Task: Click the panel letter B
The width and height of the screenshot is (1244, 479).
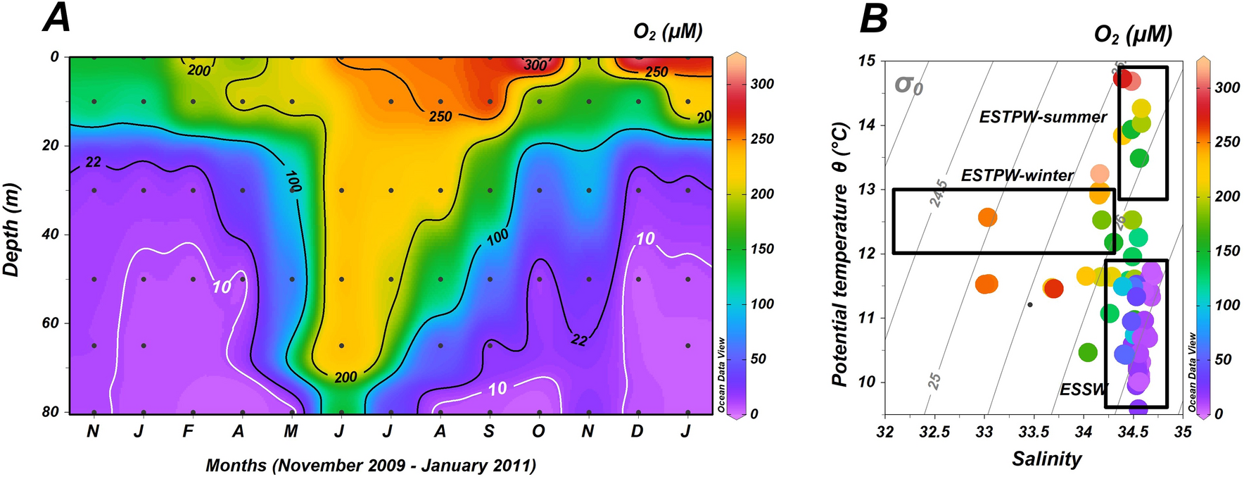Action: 874,18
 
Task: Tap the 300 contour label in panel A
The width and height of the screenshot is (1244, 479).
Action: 535,65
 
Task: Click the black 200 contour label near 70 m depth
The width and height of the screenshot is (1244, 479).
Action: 345,378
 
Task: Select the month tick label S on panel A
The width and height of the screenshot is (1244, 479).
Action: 489,431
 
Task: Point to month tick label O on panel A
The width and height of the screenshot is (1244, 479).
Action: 538,431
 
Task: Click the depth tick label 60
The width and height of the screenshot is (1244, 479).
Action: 51,323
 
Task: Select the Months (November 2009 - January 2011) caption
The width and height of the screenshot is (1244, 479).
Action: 371,466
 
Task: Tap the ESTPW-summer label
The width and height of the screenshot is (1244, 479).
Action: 1043,117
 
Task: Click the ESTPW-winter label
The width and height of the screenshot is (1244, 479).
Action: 1017,175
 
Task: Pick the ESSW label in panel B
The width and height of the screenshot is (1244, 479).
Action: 1083,390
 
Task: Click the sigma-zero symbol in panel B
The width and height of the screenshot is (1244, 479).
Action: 908,85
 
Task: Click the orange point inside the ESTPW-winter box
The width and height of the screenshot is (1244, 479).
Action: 987,217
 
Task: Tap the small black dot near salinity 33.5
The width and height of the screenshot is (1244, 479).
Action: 1030,304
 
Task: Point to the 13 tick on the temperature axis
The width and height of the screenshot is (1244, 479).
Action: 866,189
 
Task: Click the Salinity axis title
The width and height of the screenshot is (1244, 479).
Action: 1046,459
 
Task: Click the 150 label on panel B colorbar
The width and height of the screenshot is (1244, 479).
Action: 1227,251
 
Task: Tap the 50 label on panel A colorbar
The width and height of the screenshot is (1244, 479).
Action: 758,359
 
